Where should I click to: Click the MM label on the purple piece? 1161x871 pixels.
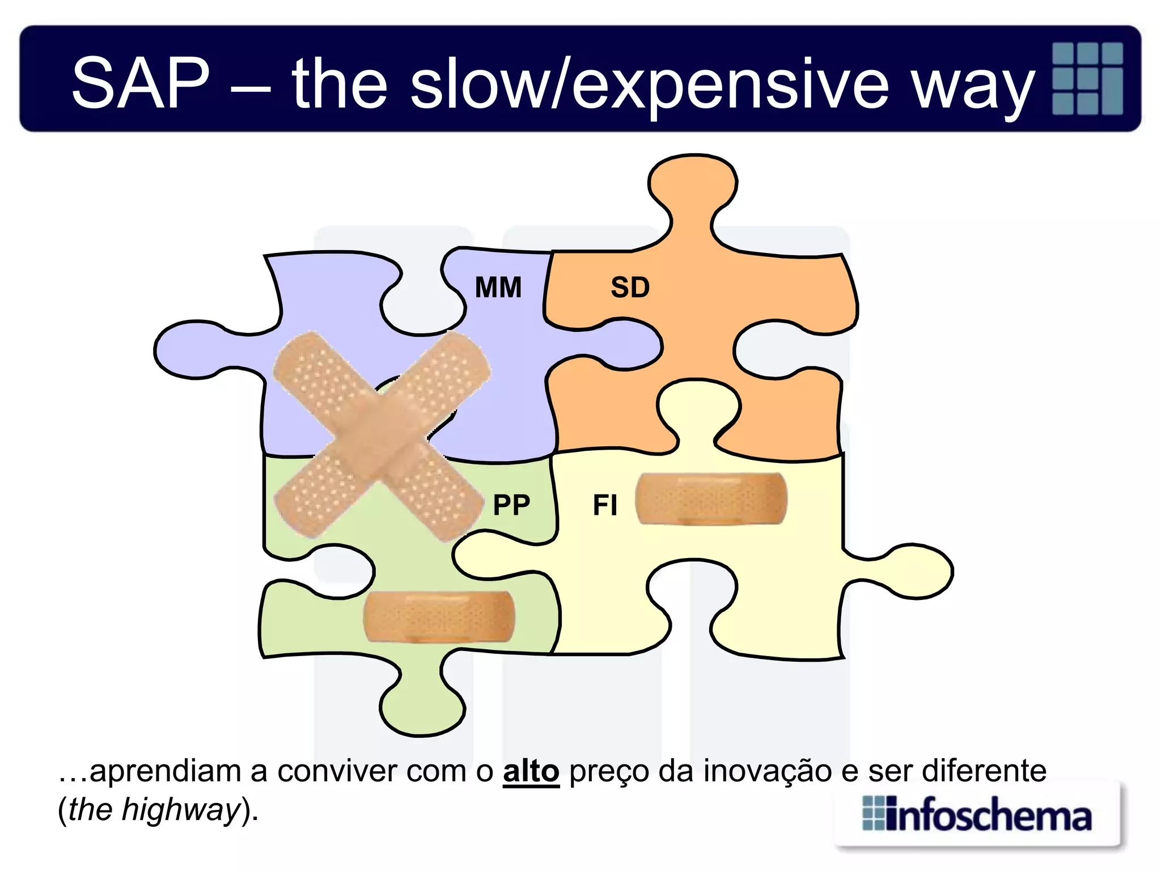click(x=498, y=287)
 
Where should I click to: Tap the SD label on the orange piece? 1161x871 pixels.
click(x=630, y=287)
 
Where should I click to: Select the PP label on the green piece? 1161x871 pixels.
click(x=511, y=505)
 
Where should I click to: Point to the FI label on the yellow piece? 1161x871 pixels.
click(x=604, y=505)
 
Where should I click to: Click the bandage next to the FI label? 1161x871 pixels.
click(x=711, y=499)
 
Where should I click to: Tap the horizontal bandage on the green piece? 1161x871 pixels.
click(x=439, y=617)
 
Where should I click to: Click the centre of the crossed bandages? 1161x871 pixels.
click(x=381, y=435)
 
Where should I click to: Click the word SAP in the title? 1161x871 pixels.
click(x=141, y=83)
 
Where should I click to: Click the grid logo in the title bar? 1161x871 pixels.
click(x=1087, y=78)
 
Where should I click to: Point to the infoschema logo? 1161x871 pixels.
click(x=977, y=815)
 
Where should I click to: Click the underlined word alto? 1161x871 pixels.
click(x=531, y=771)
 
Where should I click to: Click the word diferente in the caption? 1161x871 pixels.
click(x=985, y=771)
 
